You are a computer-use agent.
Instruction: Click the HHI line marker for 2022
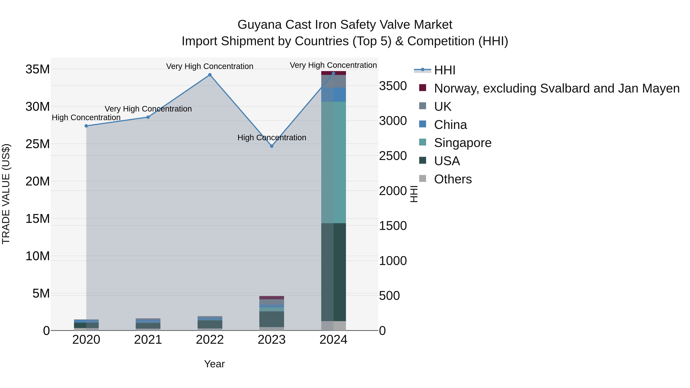coord(210,75)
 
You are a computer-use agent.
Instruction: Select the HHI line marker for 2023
coord(272,146)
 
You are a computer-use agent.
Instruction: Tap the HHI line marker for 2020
coord(86,126)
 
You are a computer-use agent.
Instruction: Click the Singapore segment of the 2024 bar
coord(333,162)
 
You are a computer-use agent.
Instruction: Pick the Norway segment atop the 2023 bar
coord(272,298)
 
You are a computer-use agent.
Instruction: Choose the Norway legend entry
coord(557,88)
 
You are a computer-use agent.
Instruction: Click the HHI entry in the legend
coord(445,70)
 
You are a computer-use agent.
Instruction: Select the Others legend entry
coord(453,179)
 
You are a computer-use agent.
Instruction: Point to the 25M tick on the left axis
coord(38,144)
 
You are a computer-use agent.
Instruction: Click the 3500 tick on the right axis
coord(393,86)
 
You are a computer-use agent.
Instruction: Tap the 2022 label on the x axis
coord(210,340)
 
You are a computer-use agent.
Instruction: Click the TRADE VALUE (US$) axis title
coord(6,194)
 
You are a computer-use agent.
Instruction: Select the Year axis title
coord(214,364)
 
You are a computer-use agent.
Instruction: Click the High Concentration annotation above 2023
coord(272,138)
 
